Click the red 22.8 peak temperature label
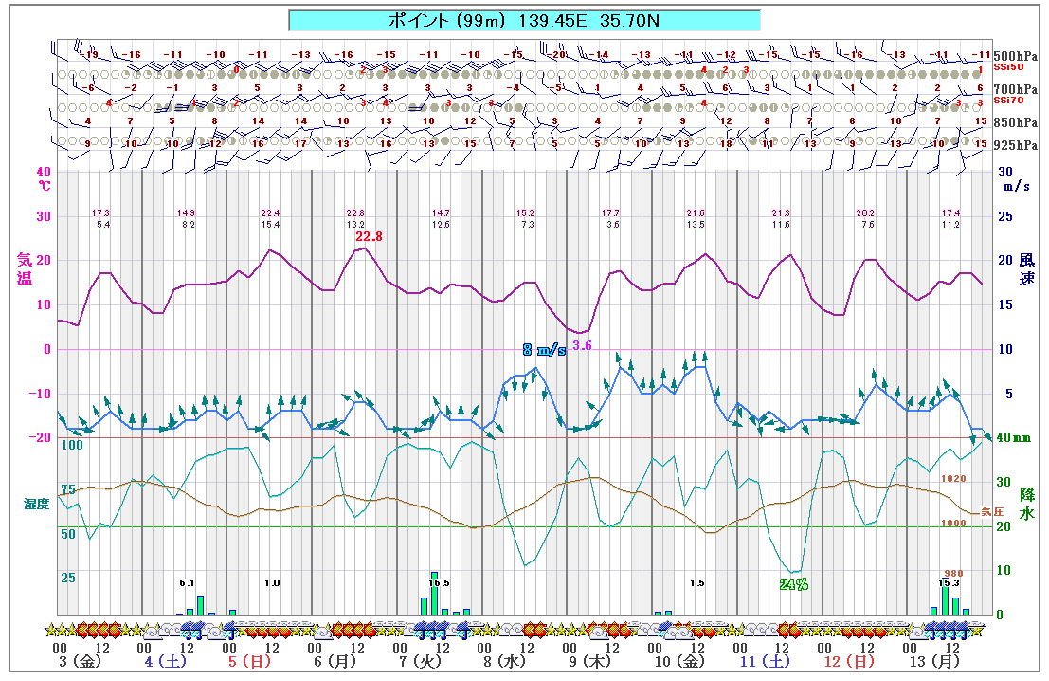(369, 236)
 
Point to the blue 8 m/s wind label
(544, 349)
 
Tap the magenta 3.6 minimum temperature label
(582, 345)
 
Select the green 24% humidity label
(793, 584)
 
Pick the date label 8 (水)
(503, 661)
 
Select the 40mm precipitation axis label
(1019, 438)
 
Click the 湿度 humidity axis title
(36, 504)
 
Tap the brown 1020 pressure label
(953, 479)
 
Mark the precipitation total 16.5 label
(439, 583)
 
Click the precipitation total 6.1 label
(187, 583)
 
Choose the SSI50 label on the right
(1006, 66)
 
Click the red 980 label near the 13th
(953, 573)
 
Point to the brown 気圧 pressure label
(991, 511)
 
